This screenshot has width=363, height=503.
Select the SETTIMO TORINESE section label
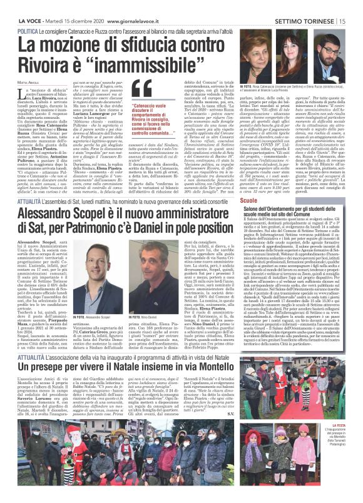312,6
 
